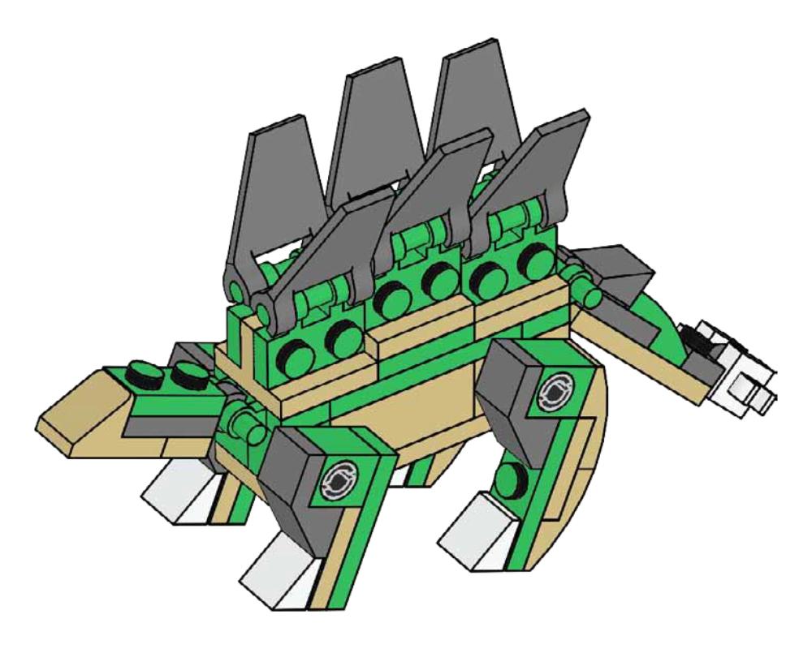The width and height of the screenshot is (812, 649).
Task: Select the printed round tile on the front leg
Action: (x=339, y=482)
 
